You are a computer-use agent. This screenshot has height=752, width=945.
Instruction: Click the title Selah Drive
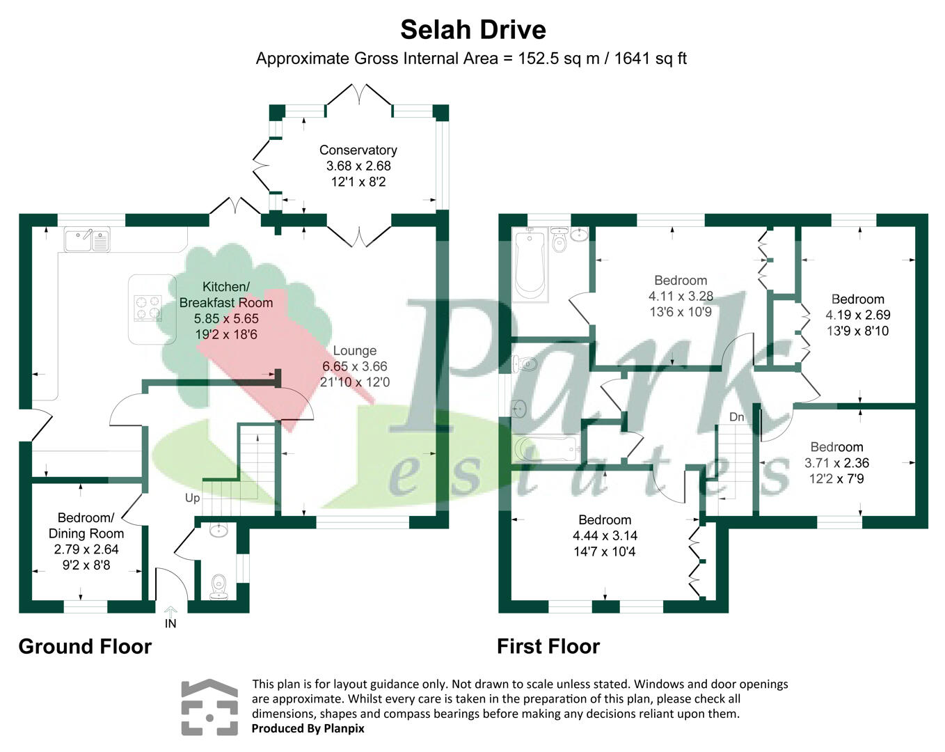[473, 30]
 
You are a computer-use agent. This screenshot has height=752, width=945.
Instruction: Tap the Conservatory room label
[358, 150]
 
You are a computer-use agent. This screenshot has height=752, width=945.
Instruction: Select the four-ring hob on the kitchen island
[148, 308]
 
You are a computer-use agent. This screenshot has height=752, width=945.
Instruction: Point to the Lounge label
[354, 351]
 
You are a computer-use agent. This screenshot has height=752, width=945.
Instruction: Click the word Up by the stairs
[192, 498]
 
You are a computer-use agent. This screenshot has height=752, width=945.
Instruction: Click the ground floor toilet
[219, 586]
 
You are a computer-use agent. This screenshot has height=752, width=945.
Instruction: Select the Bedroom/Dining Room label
[86, 526]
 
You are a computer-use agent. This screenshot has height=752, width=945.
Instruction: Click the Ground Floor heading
[85, 647]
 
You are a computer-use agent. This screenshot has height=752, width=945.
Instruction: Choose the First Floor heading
[548, 647]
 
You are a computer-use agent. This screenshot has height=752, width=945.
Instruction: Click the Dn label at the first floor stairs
[736, 417]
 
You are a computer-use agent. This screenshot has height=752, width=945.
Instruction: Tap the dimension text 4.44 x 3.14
[605, 535]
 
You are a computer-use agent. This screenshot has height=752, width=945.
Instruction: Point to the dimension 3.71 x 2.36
[836, 463]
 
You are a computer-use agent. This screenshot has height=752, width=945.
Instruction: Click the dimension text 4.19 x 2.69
[857, 315]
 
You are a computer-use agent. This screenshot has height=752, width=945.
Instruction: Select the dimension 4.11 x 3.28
[680, 296]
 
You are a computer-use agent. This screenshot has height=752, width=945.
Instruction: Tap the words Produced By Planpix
[308, 728]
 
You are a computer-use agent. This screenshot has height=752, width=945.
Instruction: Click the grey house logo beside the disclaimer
[209, 707]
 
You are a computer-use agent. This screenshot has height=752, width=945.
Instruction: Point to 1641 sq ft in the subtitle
[650, 58]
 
